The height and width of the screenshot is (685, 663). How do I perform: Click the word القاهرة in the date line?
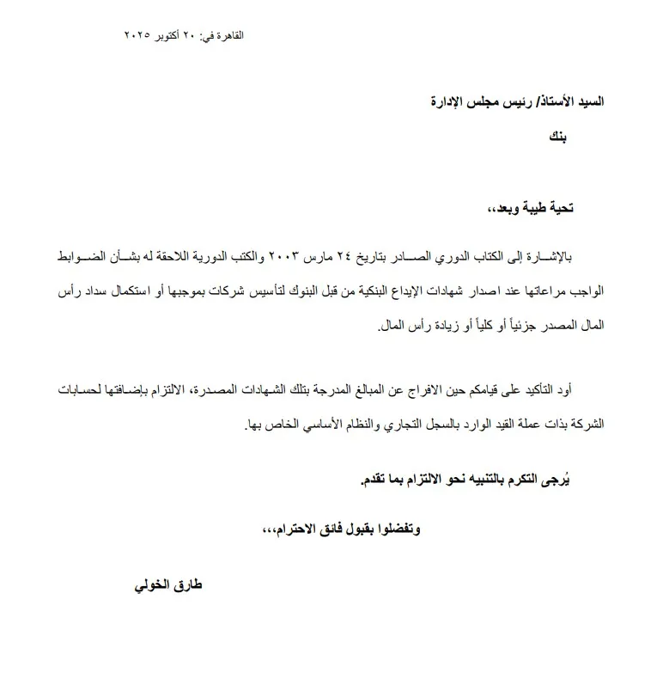coord(228,36)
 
